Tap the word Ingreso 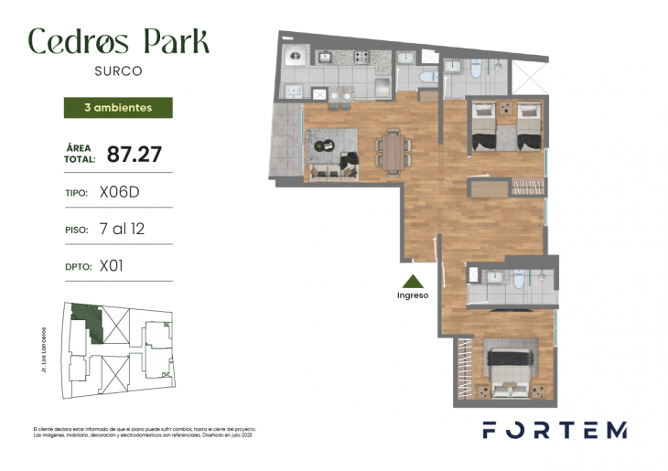tap(413, 295)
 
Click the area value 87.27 tap(128, 154)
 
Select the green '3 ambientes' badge tap(117, 108)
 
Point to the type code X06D tap(118, 193)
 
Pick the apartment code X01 tap(111, 266)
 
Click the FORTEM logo tap(555, 430)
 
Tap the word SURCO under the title tap(118, 70)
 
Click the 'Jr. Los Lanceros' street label tap(43, 350)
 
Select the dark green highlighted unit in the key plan tap(88, 320)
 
